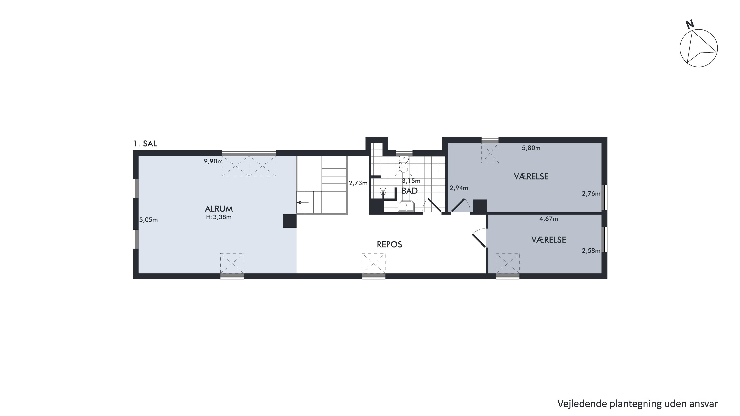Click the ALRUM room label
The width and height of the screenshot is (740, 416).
(x=219, y=209)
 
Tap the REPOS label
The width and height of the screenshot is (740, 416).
(x=389, y=244)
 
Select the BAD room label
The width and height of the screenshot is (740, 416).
(x=409, y=191)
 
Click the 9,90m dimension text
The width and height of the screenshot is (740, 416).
(x=213, y=161)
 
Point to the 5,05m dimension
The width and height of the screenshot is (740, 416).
(x=148, y=220)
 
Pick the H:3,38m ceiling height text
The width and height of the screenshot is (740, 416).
(x=219, y=217)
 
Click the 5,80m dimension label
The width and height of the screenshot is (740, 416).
(x=531, y=148)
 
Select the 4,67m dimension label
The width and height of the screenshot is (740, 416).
(x=549, y=219)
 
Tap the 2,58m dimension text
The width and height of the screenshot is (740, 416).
(x=591, y=251)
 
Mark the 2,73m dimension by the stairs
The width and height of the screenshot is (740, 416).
(x=358, y=183)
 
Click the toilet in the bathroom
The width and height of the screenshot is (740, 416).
(x=404, y=164)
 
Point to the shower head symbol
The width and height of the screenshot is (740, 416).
(x=383, y=192)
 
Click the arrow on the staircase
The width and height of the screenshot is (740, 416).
(x=302, y=203)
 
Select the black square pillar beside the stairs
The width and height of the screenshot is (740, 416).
(x=290, y=221)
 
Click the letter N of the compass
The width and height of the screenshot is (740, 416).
(x=690, y=24)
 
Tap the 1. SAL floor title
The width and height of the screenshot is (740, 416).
(x=145, y=144)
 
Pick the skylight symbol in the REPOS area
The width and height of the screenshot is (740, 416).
(x=373, y=264)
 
